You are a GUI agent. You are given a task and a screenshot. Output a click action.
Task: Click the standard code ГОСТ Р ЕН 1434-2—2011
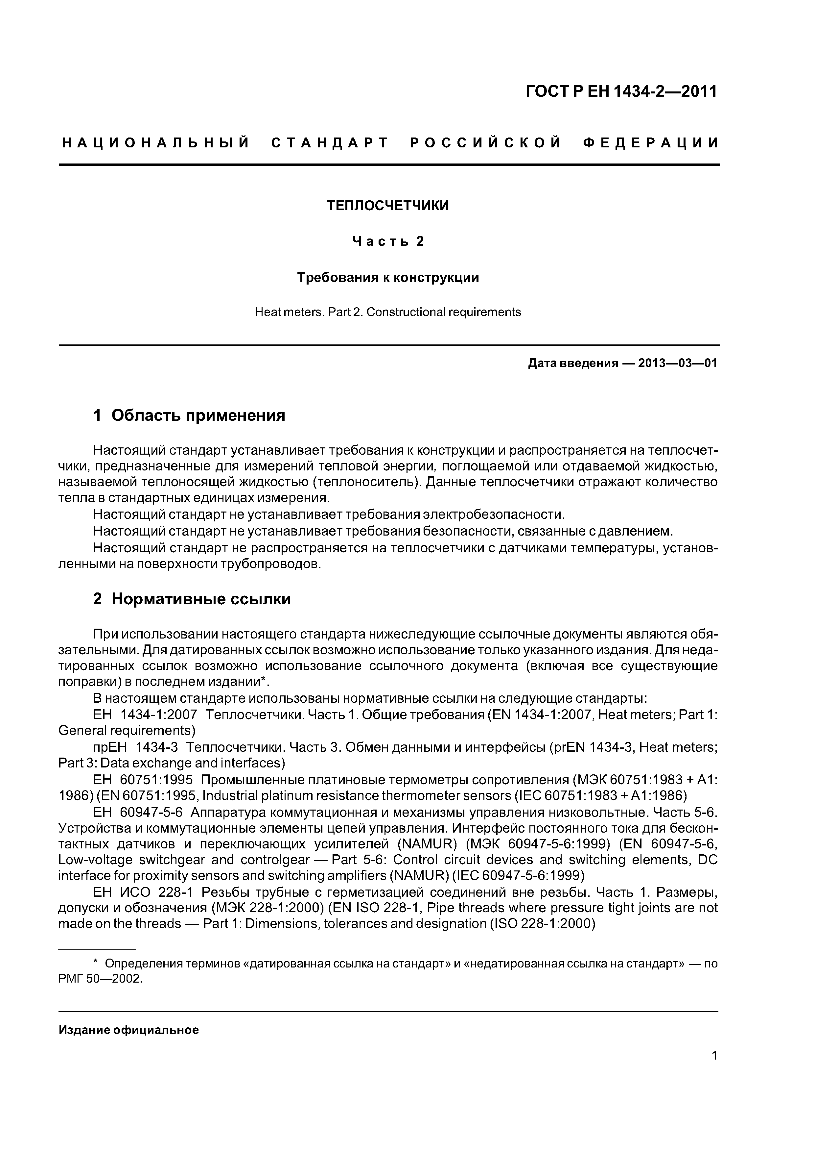tap(621, 91)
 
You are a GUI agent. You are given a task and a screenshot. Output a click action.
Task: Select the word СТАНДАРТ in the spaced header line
tap(330, 143)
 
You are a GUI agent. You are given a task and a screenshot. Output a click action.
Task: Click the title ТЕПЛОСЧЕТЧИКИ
tap(388, 206)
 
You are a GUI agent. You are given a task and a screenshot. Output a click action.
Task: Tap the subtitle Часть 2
tap(388, 242)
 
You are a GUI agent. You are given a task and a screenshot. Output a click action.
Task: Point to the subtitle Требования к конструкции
tap(388, 277)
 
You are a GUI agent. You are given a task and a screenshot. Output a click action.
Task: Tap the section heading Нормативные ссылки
tap(201, 599)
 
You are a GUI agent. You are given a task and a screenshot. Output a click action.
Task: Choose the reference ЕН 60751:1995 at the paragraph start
tap(143, 780)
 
